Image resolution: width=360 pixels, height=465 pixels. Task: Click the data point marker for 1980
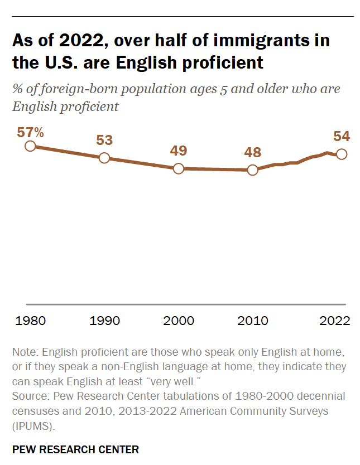pyautogui.click(x=30, y=146)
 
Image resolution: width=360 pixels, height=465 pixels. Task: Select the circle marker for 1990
pyautogui.click(x=104, y=158)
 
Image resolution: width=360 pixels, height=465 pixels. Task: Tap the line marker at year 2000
pyautogui.click(x=179, y=168)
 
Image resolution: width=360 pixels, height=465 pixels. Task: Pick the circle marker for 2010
pyautogui.click(x=252, y=170)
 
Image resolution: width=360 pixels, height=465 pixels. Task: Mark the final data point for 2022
pyautogui.click(x=342, y=154)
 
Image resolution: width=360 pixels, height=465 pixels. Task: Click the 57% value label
pyautogui.click(x=30, y=133)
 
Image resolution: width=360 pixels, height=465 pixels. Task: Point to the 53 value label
pyautogui.click(x=104, y=140)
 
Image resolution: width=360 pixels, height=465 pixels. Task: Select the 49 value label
pyautogui.click(x=179, y=151)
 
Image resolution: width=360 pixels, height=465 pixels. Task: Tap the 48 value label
pyautogui.click(x=252, y=152)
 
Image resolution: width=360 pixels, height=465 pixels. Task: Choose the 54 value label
pyautogui.click(x=341, y=136)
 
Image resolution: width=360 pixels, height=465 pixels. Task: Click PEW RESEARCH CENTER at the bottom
pyautogui.click(x=75, y=449)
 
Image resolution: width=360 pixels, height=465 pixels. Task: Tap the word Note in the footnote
pyautogui.click(x=24, y=352)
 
